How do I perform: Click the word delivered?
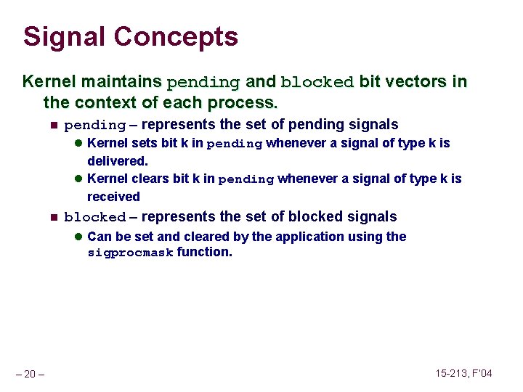116,161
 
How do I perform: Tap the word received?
113,197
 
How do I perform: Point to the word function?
204,253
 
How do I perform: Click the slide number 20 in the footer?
30,374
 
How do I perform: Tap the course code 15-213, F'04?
463,373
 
